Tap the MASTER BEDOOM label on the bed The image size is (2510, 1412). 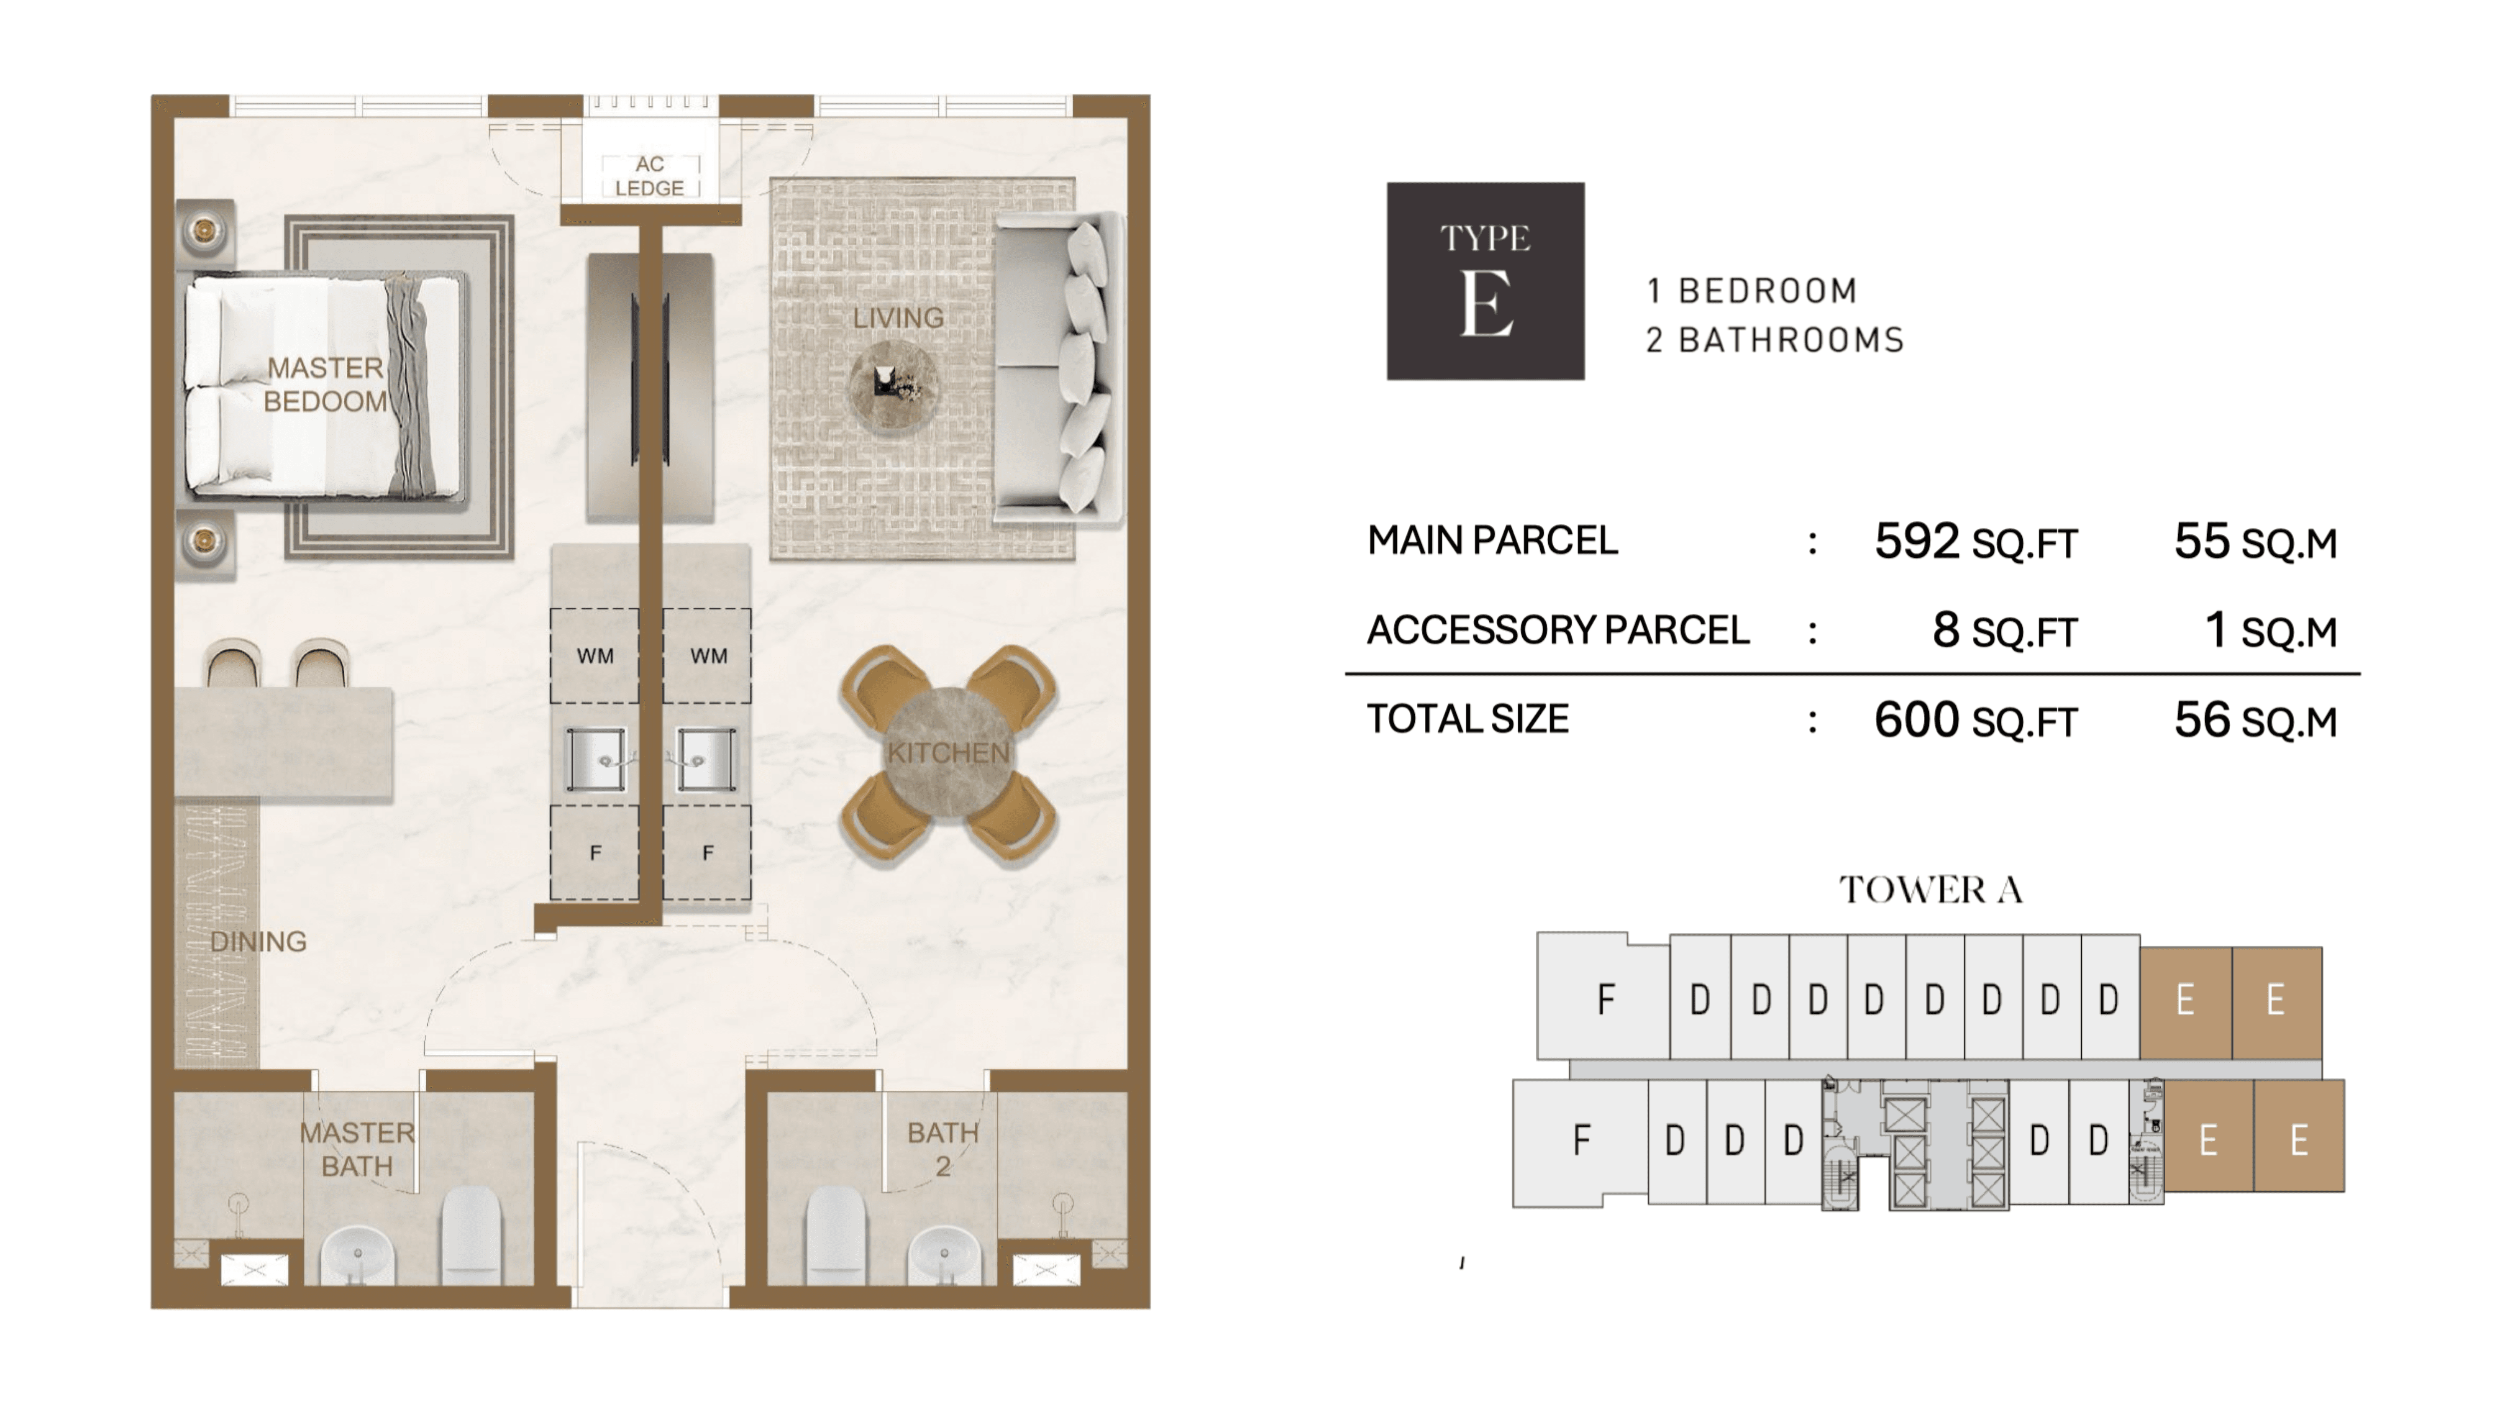tap(325, 384)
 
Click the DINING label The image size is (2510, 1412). tap(258, 941)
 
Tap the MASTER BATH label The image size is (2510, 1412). tap(356, 1149)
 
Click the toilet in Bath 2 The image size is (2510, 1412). tap(836, 1234)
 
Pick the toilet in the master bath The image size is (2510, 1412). tap(471, 1234)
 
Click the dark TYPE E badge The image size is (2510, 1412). tap(1485, 281)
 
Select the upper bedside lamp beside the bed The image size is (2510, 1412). tap(205, 231)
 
